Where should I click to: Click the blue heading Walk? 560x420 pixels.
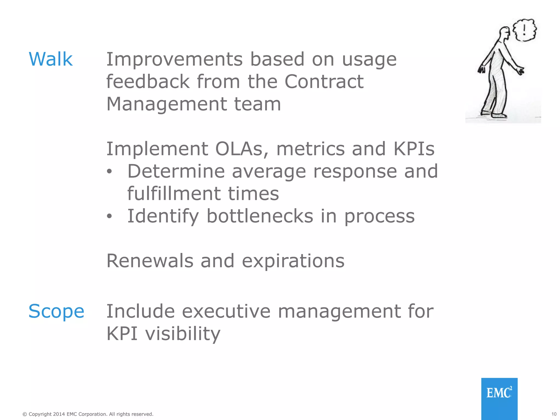51,59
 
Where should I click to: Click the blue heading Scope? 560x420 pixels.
56,311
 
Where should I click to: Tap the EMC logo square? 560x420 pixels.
499,398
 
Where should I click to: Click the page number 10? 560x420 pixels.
554,414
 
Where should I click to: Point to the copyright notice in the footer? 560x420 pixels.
88,414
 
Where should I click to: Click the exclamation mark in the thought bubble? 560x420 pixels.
524,30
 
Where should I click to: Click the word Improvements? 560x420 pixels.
174,59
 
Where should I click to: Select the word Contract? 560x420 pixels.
324,82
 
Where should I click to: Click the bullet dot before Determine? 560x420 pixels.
109,172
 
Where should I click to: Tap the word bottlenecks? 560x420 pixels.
259,216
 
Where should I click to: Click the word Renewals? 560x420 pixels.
150,261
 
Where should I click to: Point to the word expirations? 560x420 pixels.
293,261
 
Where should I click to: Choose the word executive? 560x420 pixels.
226,311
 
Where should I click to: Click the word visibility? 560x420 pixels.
182,334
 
